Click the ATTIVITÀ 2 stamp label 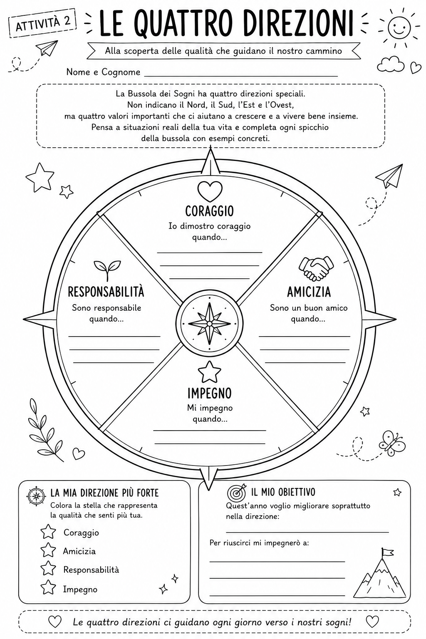pyautogui.click(x=43, y=23)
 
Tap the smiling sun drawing pyautogui.click(x=399, y=28)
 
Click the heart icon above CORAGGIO pyautogui.click(x=210, y=191)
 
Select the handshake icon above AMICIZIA pyautogui.click(x=316, y=268)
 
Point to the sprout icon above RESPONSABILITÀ pyautogui.click(x=107, y=270)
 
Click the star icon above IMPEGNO pyautogui.click(x=209, y=372)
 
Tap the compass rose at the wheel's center pyautogui.click(x=209, y=324)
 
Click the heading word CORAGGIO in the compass pyautogui.click(x=209, y=211)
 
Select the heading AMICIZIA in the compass pyautogui.click(x=309, y=292)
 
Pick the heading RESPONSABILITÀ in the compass pyautogui.click(x=106, y=292)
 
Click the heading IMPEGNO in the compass pyautogui.click(x=209, y=393)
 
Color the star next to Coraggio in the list pyautogui.click(x=48, y=531)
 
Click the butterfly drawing pyautogui.click(x=392, y=443)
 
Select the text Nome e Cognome pyautogui.click(x=103, y=72)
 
